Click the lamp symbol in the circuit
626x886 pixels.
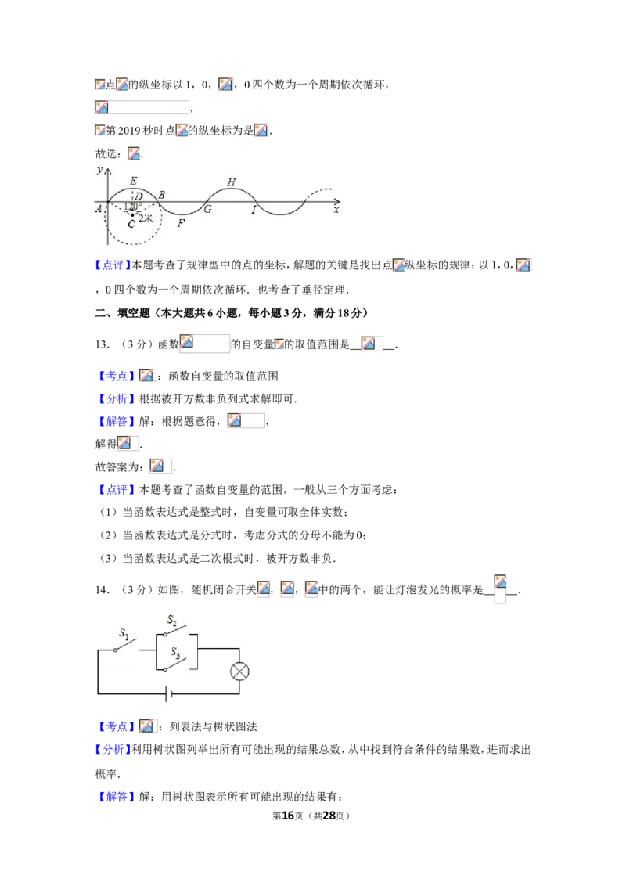click(x=239, y=672)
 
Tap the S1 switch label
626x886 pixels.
click(x=124, y=633)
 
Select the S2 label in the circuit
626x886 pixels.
click(x=171, y=620)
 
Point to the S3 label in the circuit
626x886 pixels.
click(x=175, y=653)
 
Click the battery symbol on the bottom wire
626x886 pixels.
click(x=168, y=693)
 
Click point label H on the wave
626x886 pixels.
click(x=231, y=182)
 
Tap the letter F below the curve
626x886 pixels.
click(x=181, y=222)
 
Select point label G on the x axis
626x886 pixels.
click(x=207, y=209)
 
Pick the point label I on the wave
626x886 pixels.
click(x=254, y=211)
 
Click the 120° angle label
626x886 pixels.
click(x=131, y=207)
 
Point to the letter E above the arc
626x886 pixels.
click(x=133, y=181)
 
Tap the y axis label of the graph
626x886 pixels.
click(x=100, y=170)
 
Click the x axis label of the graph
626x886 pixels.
click(x=336, y=210)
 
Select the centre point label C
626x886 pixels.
click(x=131, y=225)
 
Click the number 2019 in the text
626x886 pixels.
click(x=129, y=131)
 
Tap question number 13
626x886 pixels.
click(x=102, y=344)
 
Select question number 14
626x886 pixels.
click(x=102, y=590)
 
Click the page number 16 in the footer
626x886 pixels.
click(x=288, y=816)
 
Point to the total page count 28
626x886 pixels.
click(x=329, y=816)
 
